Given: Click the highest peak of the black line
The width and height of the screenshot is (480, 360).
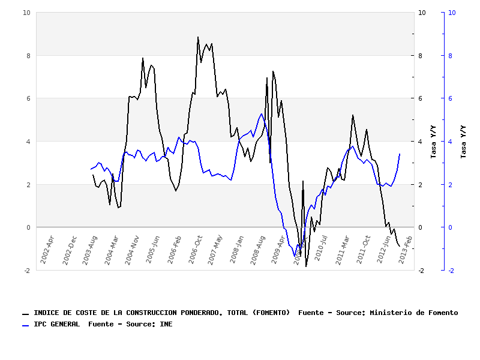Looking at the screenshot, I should tap(198, 37).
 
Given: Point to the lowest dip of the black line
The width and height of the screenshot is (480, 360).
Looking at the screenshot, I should tap(306, 266).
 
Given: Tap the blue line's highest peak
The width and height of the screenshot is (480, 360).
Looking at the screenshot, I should tap(262, 113).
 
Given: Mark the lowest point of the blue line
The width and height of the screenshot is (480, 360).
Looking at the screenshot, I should tap(295, 256).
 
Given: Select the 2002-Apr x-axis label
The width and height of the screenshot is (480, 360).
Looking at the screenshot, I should tap(47, 249).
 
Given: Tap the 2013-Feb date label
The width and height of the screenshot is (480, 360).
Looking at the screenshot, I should tap(406, 249).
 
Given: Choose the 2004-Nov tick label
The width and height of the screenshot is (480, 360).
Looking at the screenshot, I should tap(132, 249).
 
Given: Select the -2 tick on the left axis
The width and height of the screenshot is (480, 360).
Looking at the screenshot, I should tap(27, 271).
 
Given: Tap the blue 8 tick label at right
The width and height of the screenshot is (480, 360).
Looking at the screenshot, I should tap(452, 56).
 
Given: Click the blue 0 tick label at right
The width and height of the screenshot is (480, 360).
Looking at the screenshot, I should tap(452, 227).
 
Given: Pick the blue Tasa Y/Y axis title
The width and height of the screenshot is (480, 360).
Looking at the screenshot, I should tap(463, 142).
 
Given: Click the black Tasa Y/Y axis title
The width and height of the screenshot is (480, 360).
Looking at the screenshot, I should tap(433, 142).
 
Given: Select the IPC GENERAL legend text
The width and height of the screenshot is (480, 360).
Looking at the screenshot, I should tap(56, 324).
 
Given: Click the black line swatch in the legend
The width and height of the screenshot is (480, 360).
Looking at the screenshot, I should tap(25, 314).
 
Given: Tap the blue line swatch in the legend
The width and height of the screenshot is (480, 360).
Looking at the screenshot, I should tap(25, 325).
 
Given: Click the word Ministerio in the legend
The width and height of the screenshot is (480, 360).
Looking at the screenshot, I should tap(392, 313).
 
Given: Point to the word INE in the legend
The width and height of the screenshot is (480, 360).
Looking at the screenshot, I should tap(166, 324).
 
